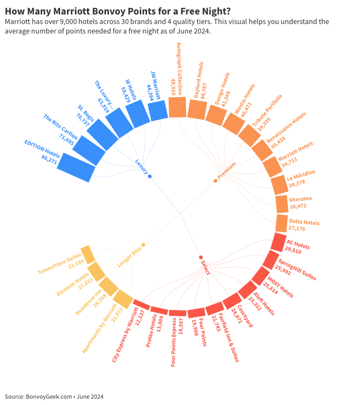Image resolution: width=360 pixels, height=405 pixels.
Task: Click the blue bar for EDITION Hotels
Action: (76, 167)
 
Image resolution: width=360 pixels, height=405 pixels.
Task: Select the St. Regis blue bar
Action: (102, 134)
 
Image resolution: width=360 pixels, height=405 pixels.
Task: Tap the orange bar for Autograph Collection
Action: (177, 107)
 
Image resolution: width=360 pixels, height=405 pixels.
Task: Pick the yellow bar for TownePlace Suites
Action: (88, 255)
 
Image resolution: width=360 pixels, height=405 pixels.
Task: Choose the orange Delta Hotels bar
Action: (282, 224)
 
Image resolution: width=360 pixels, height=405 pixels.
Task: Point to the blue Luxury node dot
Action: (150, 176)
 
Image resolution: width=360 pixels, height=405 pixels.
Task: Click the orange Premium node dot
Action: (215, 181)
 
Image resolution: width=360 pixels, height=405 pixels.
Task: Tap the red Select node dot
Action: (201, 257)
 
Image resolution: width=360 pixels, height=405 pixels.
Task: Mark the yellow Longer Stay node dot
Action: (143, 245)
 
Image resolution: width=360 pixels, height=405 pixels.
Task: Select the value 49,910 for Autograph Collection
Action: (173, 86)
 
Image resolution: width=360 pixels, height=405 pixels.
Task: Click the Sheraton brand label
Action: (300, 199)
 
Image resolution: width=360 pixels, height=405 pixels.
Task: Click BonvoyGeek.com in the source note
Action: (48, 397)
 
